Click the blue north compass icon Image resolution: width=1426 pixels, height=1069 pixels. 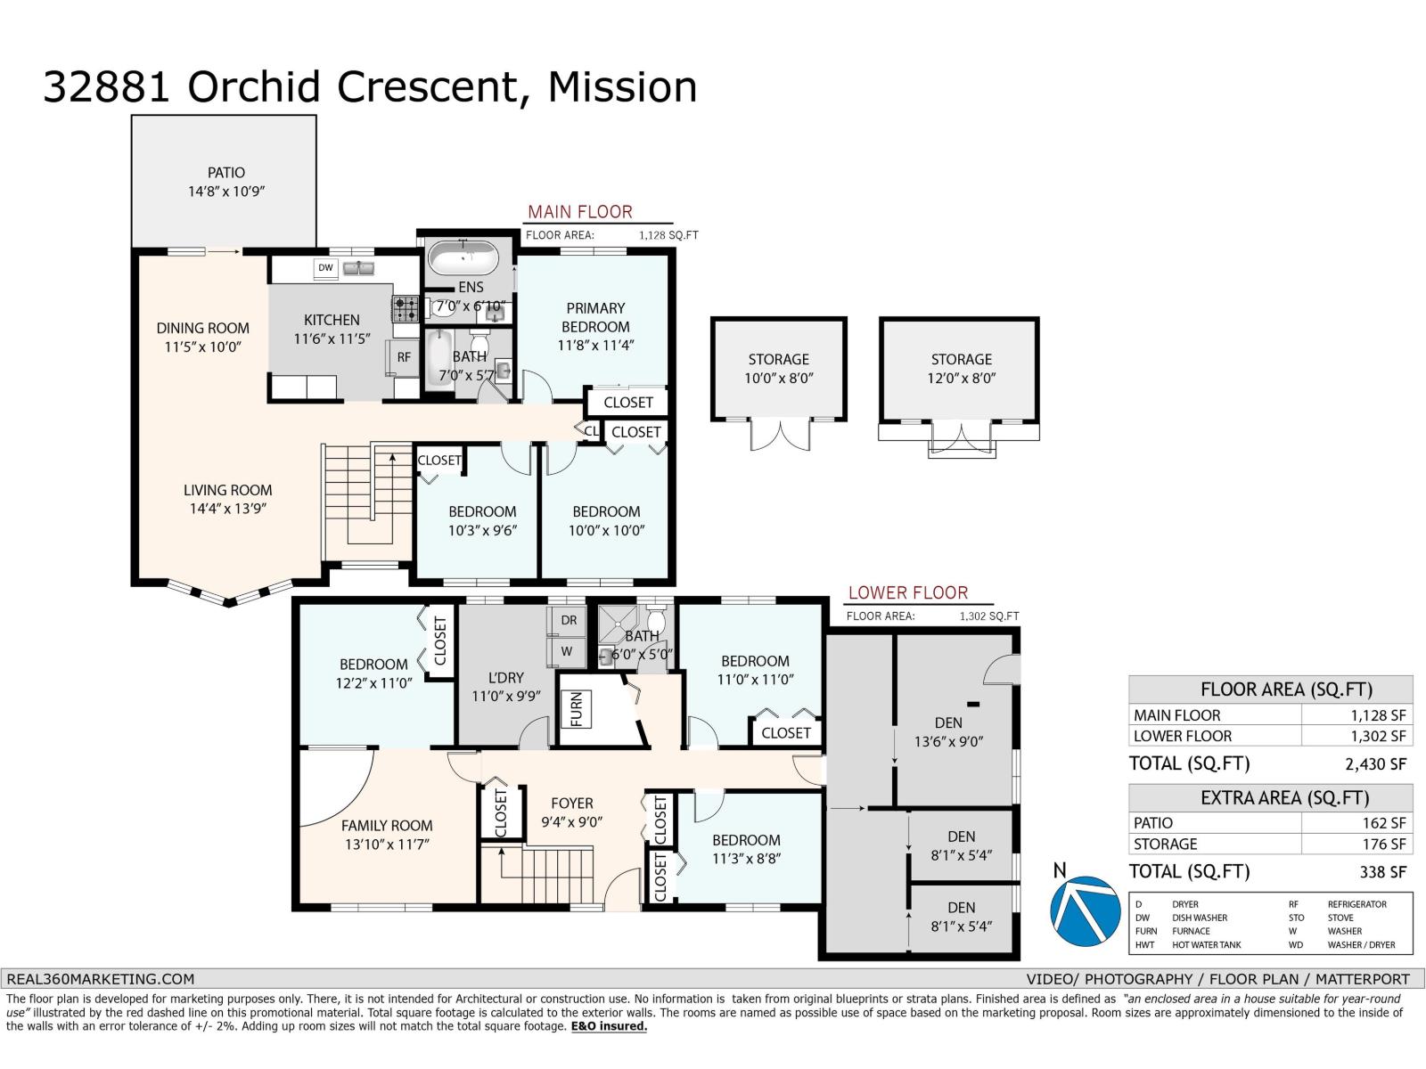pos(1085,910)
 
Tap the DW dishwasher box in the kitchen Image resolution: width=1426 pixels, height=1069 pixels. pos(325,267)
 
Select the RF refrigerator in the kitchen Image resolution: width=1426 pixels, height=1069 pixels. pos(404,357)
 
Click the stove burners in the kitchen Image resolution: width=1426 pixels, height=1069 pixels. pos(406,308)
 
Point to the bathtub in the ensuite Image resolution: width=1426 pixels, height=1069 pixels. pos(463,259)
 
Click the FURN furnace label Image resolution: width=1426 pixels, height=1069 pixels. pos(577,709)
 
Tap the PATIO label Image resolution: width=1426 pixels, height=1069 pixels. pos(226,173)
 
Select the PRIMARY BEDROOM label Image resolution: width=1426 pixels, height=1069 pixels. pos(595,317)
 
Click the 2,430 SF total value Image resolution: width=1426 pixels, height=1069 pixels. pos(1375,764)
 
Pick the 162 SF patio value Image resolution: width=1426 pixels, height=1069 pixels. pos(1384,823)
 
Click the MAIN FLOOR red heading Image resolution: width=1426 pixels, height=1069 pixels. pos(579,212)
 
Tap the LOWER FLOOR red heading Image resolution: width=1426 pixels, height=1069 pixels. pos(907,592)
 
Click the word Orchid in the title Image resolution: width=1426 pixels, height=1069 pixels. pos(254,86)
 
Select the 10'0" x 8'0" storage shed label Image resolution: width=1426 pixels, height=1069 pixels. pos(778,379)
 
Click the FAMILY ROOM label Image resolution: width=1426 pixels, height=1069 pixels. pos(387,826)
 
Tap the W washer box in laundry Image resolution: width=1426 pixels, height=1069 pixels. pos(567,652)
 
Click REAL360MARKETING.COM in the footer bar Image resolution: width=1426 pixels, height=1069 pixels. pos(100,979)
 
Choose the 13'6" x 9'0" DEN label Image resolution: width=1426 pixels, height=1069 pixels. pos(948,741)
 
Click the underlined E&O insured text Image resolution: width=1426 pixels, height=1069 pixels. pos(609,1026)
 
